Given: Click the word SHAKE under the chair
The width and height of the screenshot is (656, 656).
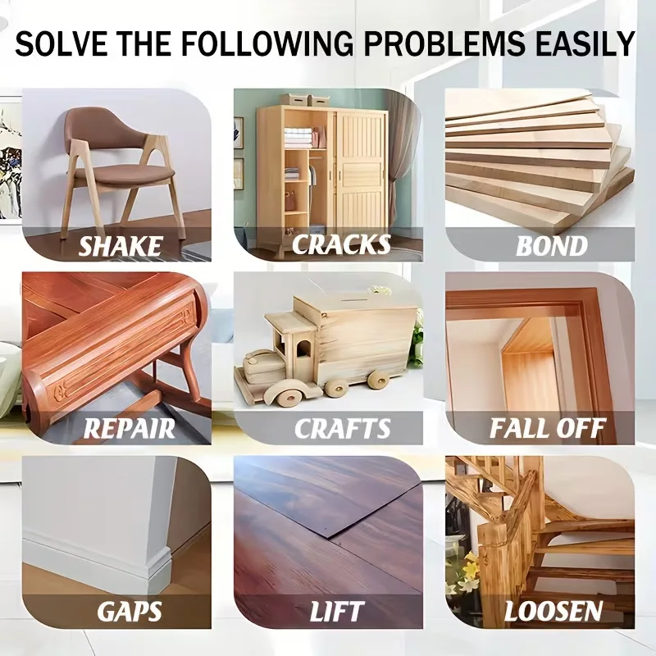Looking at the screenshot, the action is [120, 245].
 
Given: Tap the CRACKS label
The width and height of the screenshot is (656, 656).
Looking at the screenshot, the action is [341, 244].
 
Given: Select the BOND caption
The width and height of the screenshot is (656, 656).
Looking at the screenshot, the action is [551, 245].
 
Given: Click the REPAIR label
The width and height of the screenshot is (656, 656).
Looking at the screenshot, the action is [130, 428].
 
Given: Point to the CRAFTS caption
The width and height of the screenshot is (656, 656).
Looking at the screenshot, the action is [342, 428].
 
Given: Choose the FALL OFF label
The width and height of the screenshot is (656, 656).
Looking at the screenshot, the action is [547, 428].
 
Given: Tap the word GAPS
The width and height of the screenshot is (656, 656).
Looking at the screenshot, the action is [130, 611].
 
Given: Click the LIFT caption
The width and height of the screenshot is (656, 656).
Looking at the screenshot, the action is [337, 611].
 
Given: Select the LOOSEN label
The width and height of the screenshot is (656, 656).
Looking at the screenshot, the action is [553, 611].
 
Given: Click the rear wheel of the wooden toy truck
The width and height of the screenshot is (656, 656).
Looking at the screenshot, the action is [378, 379].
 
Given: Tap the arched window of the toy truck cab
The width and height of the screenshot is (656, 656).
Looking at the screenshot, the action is [304, 348].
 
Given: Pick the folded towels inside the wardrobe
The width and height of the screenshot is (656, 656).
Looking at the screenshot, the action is [298, 138].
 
